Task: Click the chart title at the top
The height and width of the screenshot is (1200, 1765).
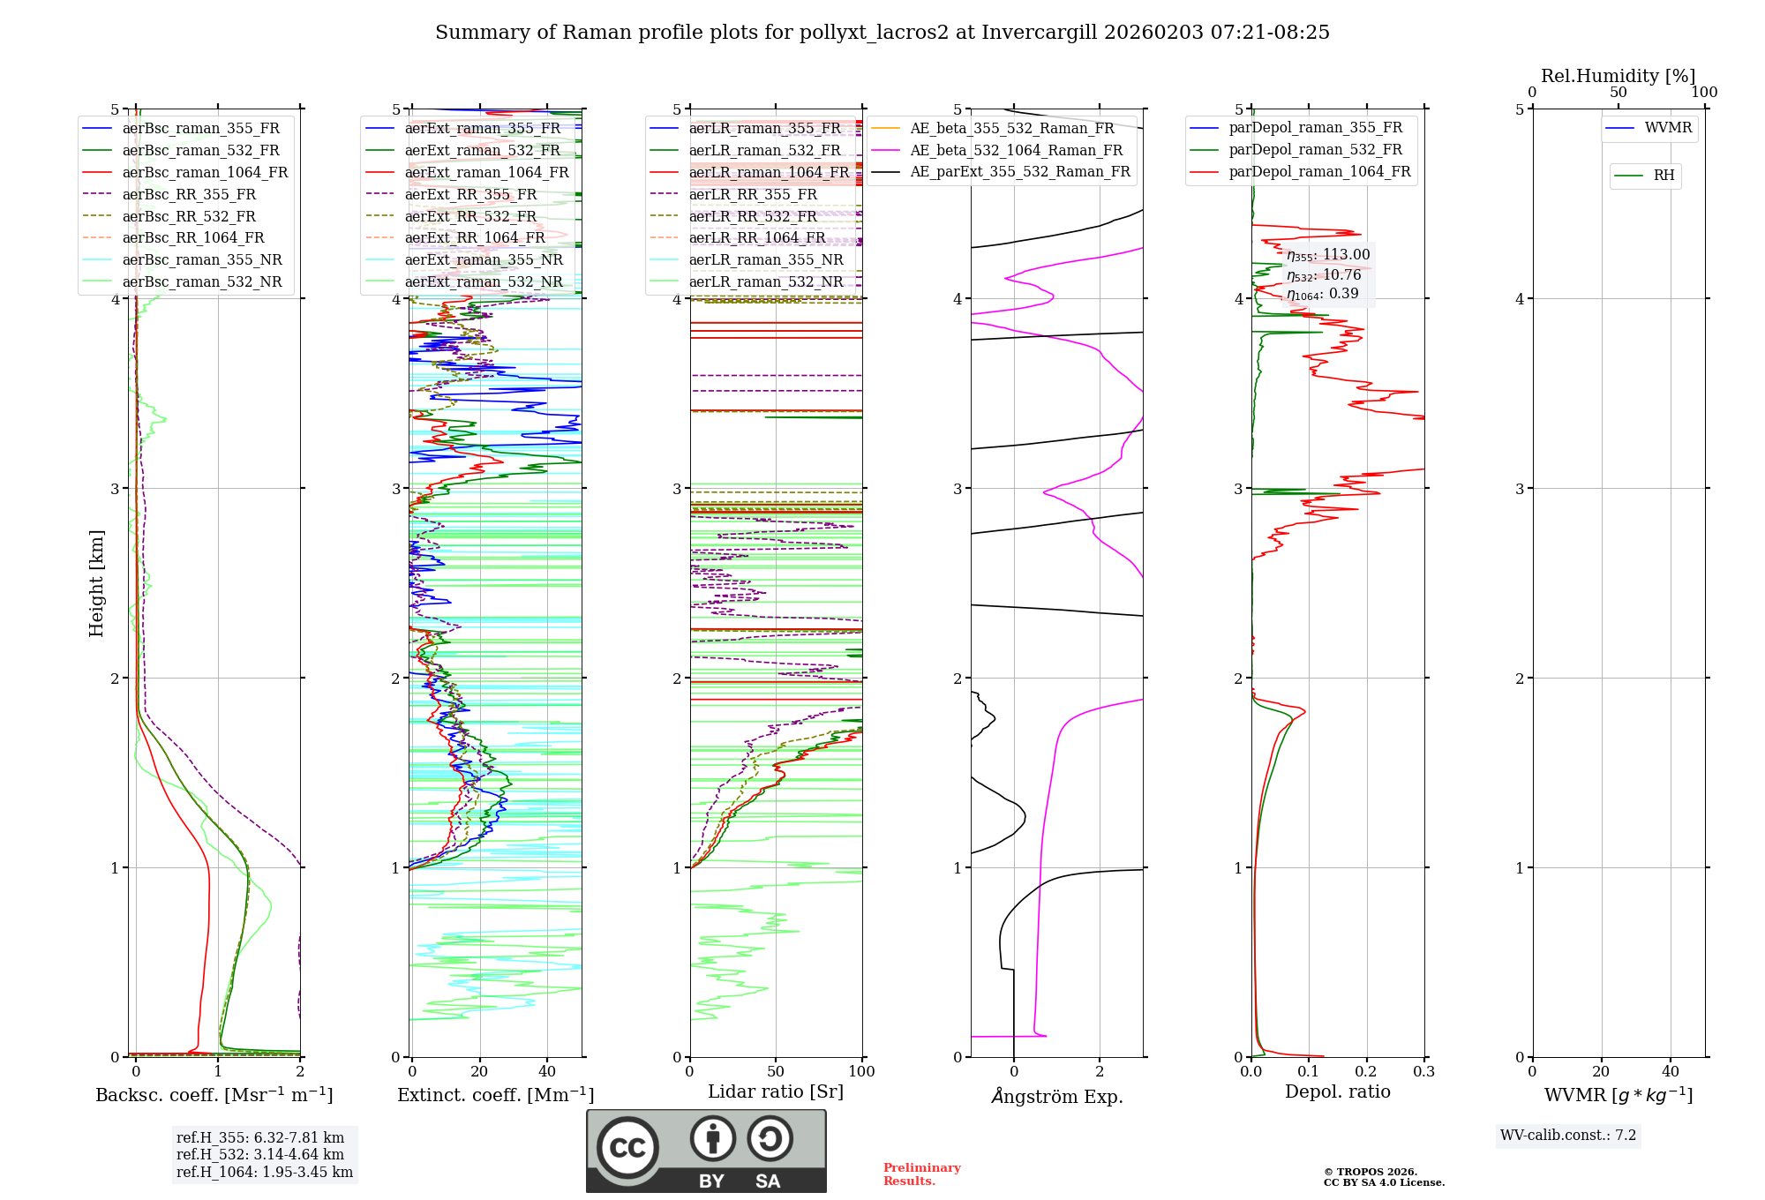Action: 882,33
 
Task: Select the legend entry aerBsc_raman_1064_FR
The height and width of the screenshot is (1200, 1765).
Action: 205,172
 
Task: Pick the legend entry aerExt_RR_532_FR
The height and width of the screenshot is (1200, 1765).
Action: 470,216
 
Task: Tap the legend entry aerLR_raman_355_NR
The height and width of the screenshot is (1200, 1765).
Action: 765,259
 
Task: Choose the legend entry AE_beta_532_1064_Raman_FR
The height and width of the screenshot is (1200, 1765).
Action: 1016,150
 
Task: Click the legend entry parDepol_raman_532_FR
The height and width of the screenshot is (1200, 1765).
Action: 1315,150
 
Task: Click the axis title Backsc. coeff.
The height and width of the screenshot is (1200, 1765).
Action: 214,1095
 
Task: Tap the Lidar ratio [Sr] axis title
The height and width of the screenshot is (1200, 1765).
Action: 775,1091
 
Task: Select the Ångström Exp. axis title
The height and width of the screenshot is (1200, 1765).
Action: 1056,1096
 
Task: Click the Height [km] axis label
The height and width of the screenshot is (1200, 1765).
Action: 96,582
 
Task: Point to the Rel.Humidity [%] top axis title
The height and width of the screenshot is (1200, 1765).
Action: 1618,76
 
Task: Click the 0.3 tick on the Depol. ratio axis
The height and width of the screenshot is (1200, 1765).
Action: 1423,1072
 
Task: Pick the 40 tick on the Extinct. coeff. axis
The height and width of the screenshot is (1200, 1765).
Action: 547,1072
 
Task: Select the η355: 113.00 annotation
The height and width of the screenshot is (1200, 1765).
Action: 1328,255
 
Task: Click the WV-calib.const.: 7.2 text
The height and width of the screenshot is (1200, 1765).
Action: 1567,1136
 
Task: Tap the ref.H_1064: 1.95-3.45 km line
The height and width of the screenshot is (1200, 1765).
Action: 264,1173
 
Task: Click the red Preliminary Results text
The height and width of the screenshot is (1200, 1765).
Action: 921,1174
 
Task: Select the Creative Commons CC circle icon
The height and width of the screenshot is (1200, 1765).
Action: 627,1147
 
